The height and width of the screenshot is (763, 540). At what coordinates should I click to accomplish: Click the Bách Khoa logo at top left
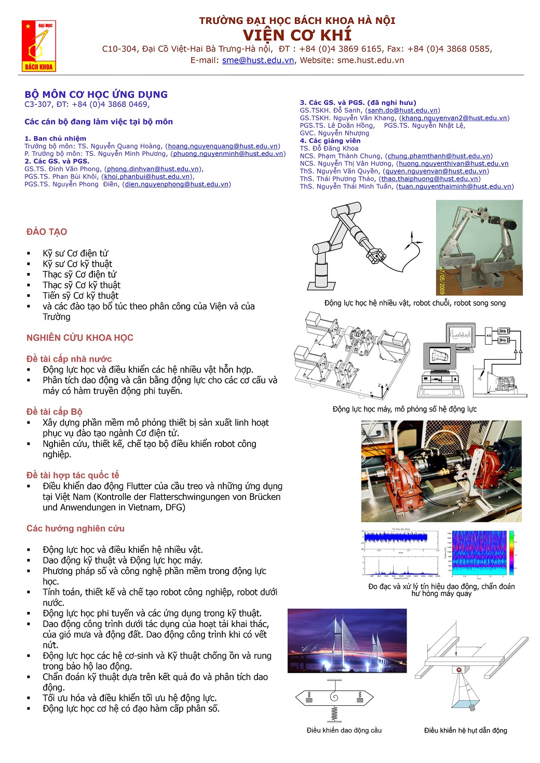click(x=38, y=46)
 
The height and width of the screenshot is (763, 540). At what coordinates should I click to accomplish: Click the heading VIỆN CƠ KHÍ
click(x=297, y=35)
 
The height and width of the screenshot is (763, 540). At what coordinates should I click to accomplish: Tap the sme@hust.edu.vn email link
click(x=258, y=60)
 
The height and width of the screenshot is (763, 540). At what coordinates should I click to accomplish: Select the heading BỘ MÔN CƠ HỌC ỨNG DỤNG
click(x=96, y=94)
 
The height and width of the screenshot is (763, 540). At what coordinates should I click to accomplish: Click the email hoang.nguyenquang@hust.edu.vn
click(x=223, y=146)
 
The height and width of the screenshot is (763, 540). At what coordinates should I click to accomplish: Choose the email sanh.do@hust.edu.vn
click(x=402, y=111)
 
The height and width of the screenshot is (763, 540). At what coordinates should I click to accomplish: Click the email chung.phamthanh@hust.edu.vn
click(x=439, y=156)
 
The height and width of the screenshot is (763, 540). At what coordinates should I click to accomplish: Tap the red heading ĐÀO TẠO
click(x=47, y=232)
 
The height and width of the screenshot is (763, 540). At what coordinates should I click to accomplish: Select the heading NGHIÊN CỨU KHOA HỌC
click(x=80, y=338)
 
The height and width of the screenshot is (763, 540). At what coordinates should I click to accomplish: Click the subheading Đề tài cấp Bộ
click(x=55, y=412)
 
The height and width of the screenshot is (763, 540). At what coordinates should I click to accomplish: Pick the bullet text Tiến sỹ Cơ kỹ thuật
click(x=80, y=296)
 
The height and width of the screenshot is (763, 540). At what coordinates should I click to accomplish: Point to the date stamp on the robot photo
click(x=442, y=281)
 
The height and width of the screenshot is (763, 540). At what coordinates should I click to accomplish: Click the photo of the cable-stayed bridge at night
click(x=347, y=641)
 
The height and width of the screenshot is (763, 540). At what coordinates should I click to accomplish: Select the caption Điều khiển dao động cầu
click(x=344, y=730)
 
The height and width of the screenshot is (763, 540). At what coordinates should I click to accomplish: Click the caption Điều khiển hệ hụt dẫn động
click(x=465, y=730)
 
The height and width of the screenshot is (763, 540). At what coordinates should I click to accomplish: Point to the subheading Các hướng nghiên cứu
click(x=75, y=528)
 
